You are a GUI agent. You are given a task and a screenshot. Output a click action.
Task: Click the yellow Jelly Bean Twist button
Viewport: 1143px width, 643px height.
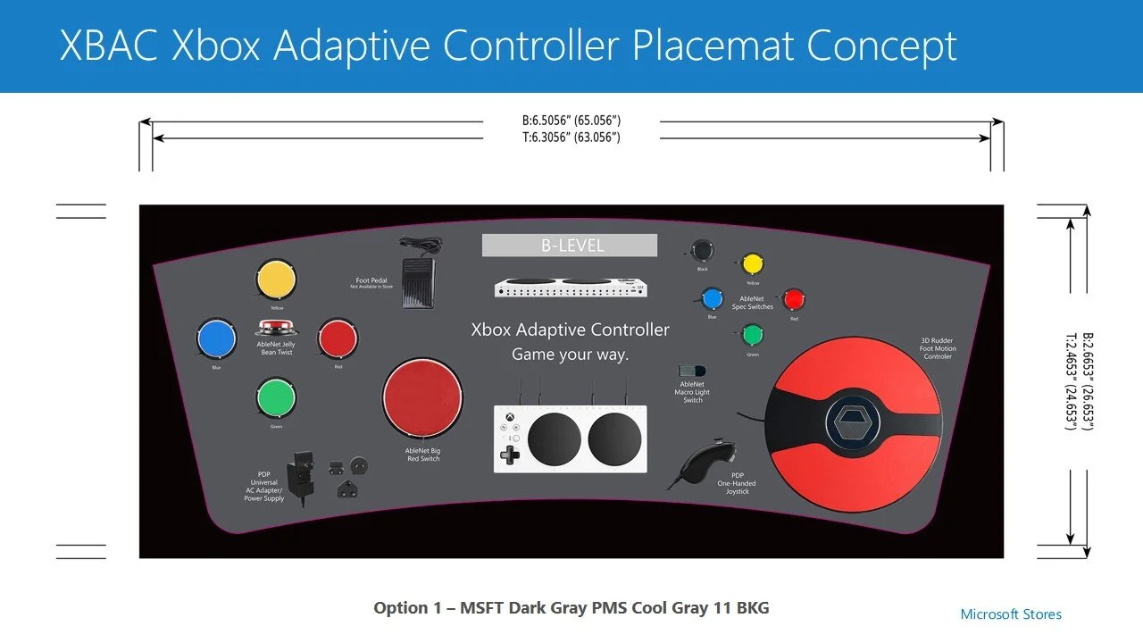[x=276, y=280]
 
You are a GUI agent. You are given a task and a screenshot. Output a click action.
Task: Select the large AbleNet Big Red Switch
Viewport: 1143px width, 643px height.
[x=422, y=398]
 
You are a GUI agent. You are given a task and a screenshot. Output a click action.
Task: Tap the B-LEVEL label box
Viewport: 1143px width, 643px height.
[x=570, y=246]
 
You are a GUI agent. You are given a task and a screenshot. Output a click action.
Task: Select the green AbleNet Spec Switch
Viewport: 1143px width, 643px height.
[x=753, y=336]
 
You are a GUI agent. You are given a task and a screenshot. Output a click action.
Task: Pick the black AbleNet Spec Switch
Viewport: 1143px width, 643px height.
[x=704, y=250]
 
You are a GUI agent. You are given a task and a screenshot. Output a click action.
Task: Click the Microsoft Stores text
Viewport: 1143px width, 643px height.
[x=1011, y=614]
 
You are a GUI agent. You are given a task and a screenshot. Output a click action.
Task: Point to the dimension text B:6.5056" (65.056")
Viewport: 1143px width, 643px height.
[x=571, y=120]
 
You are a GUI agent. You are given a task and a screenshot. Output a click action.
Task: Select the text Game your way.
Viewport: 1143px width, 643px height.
[x=570, y=355]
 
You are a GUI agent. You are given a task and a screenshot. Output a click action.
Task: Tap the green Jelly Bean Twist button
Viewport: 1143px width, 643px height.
[x=276, y=398]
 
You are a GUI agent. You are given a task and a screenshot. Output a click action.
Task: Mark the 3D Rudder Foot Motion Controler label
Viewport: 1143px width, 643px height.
[x=937, y=348]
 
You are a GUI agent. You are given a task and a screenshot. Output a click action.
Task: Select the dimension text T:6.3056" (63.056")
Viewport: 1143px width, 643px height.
[x=571, y=138]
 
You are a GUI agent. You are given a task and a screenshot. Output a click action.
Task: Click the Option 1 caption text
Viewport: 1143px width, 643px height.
[x=571, y=608]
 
